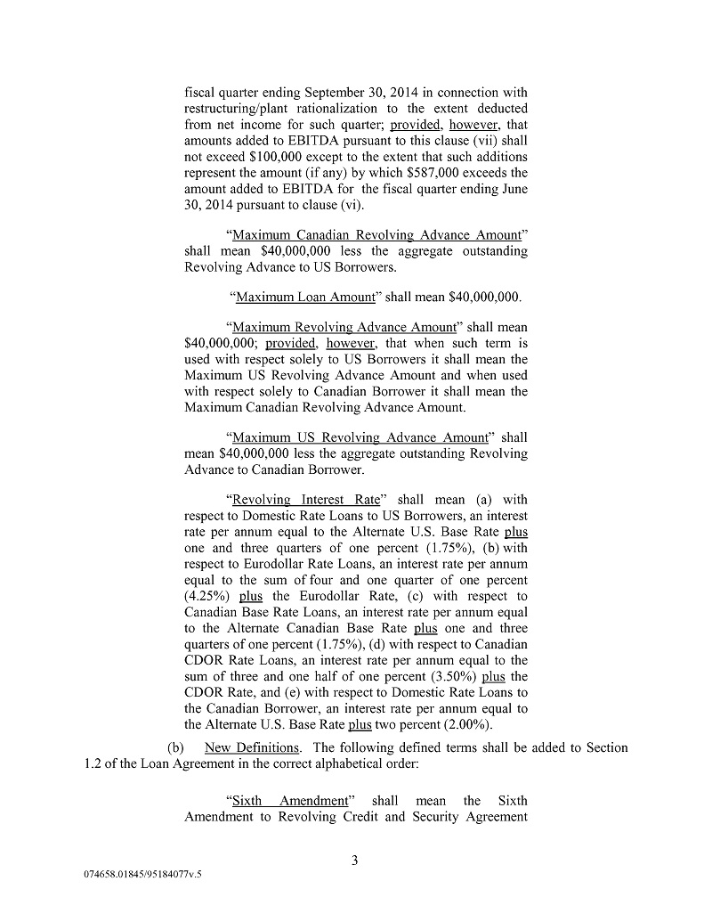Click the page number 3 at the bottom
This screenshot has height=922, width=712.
pyautogui.click(x=354, y=860)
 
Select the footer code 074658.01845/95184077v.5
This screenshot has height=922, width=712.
pyautogui.click(x=138, y=875)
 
